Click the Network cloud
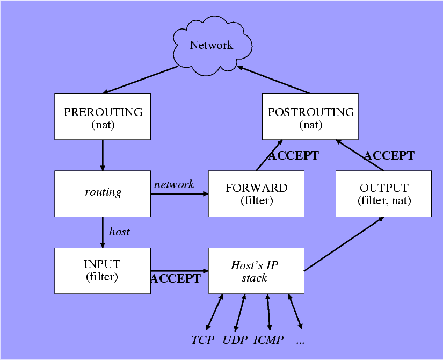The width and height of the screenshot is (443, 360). click(211, 46)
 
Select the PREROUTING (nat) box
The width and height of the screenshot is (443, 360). click(103, 117)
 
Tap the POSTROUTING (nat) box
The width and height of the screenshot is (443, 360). click(310, 117)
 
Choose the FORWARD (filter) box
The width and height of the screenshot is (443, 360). click(256, 193)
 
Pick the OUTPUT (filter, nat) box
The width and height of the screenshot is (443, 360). click(383, 193)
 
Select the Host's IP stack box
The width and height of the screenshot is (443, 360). click(256, 270)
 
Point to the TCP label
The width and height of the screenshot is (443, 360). click(202, 340)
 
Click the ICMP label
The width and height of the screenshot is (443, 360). click(268, 340)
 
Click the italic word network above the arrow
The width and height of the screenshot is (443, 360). click(173, 184)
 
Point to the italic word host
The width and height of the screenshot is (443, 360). click(119, 232)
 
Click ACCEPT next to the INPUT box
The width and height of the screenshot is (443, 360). click(176, 278)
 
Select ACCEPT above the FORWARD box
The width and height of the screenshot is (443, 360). click(293, 156)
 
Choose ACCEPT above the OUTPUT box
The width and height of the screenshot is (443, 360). click(389, 155)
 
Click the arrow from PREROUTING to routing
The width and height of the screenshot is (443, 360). click(103, 155)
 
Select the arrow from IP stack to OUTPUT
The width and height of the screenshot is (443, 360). click(344, 244)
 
